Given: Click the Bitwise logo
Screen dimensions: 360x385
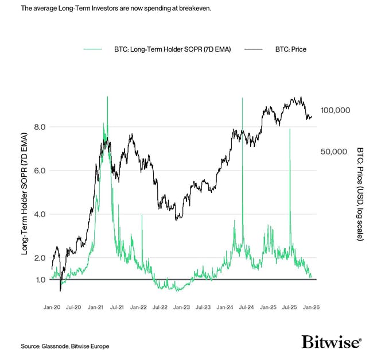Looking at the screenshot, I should (x=332, y=342).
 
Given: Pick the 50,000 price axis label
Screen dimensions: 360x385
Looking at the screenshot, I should (x=335, y=152).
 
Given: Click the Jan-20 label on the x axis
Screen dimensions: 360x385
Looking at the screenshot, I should (x=53, y=307).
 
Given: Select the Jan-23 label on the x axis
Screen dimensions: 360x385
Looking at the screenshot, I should (x=182, y=307).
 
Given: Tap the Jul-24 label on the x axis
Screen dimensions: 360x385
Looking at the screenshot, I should (x=246, y=307).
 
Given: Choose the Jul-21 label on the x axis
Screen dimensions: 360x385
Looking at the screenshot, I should (x=117, y=307).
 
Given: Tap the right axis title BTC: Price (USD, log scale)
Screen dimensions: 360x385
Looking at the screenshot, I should (x=360, y=193).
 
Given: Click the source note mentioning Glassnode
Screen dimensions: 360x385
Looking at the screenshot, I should (x=65, y=346).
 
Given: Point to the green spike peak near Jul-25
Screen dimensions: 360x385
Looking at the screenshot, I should (x=290, y=130).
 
